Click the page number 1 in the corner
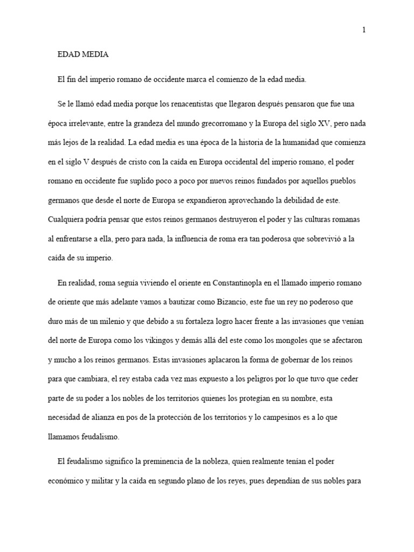(x=364, y=30)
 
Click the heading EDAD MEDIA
(x=83, y=54)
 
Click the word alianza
(x=111, y=417)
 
